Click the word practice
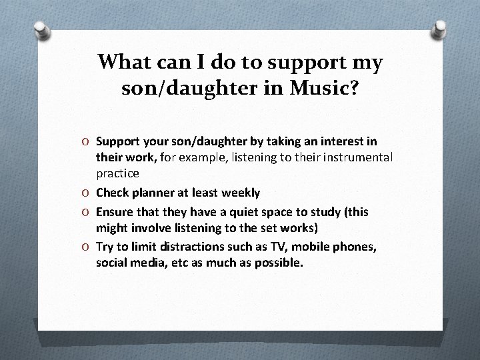coord(117,173)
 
